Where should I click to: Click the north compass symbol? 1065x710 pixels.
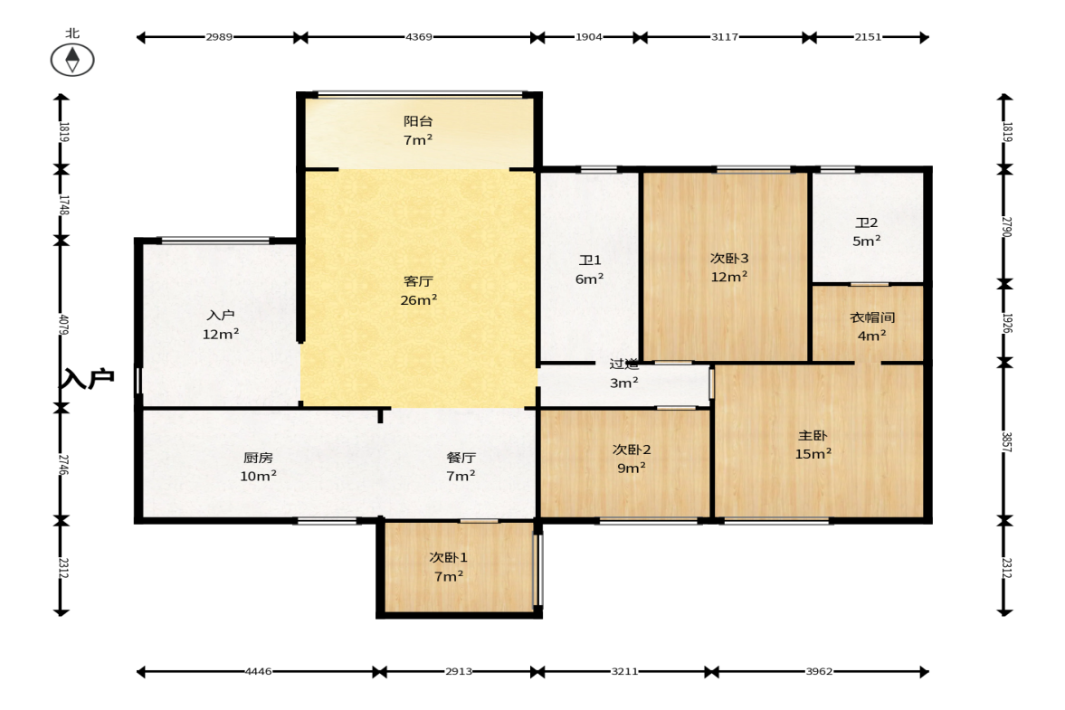point(72,59)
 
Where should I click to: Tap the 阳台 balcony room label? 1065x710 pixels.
point(418,121)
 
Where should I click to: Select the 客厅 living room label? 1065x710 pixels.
point(418,281)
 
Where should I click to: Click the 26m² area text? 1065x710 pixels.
point(418,300)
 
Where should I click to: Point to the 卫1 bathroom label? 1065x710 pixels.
point(590,260)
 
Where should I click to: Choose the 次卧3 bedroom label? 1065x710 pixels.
point(728,259)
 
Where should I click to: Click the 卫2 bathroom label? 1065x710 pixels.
point(866,222)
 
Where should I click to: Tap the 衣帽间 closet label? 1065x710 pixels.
point(872,317)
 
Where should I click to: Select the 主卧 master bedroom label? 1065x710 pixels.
point(813,436)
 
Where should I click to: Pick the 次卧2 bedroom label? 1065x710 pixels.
point(631,450)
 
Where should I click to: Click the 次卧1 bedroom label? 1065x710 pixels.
point(448,558)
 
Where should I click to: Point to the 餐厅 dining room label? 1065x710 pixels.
point(461,459)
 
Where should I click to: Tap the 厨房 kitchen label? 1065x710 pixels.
point(258,459)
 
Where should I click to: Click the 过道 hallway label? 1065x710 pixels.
point(623,364)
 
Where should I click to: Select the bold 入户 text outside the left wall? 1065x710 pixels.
point(88,378)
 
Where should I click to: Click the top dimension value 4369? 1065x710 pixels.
point(418,37)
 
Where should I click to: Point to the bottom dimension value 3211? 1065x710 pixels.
point(624,671)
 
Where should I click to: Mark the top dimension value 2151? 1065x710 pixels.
point(868,37)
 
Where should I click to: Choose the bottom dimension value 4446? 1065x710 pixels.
point(258,671)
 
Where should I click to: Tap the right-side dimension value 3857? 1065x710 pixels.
point(1006,442)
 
